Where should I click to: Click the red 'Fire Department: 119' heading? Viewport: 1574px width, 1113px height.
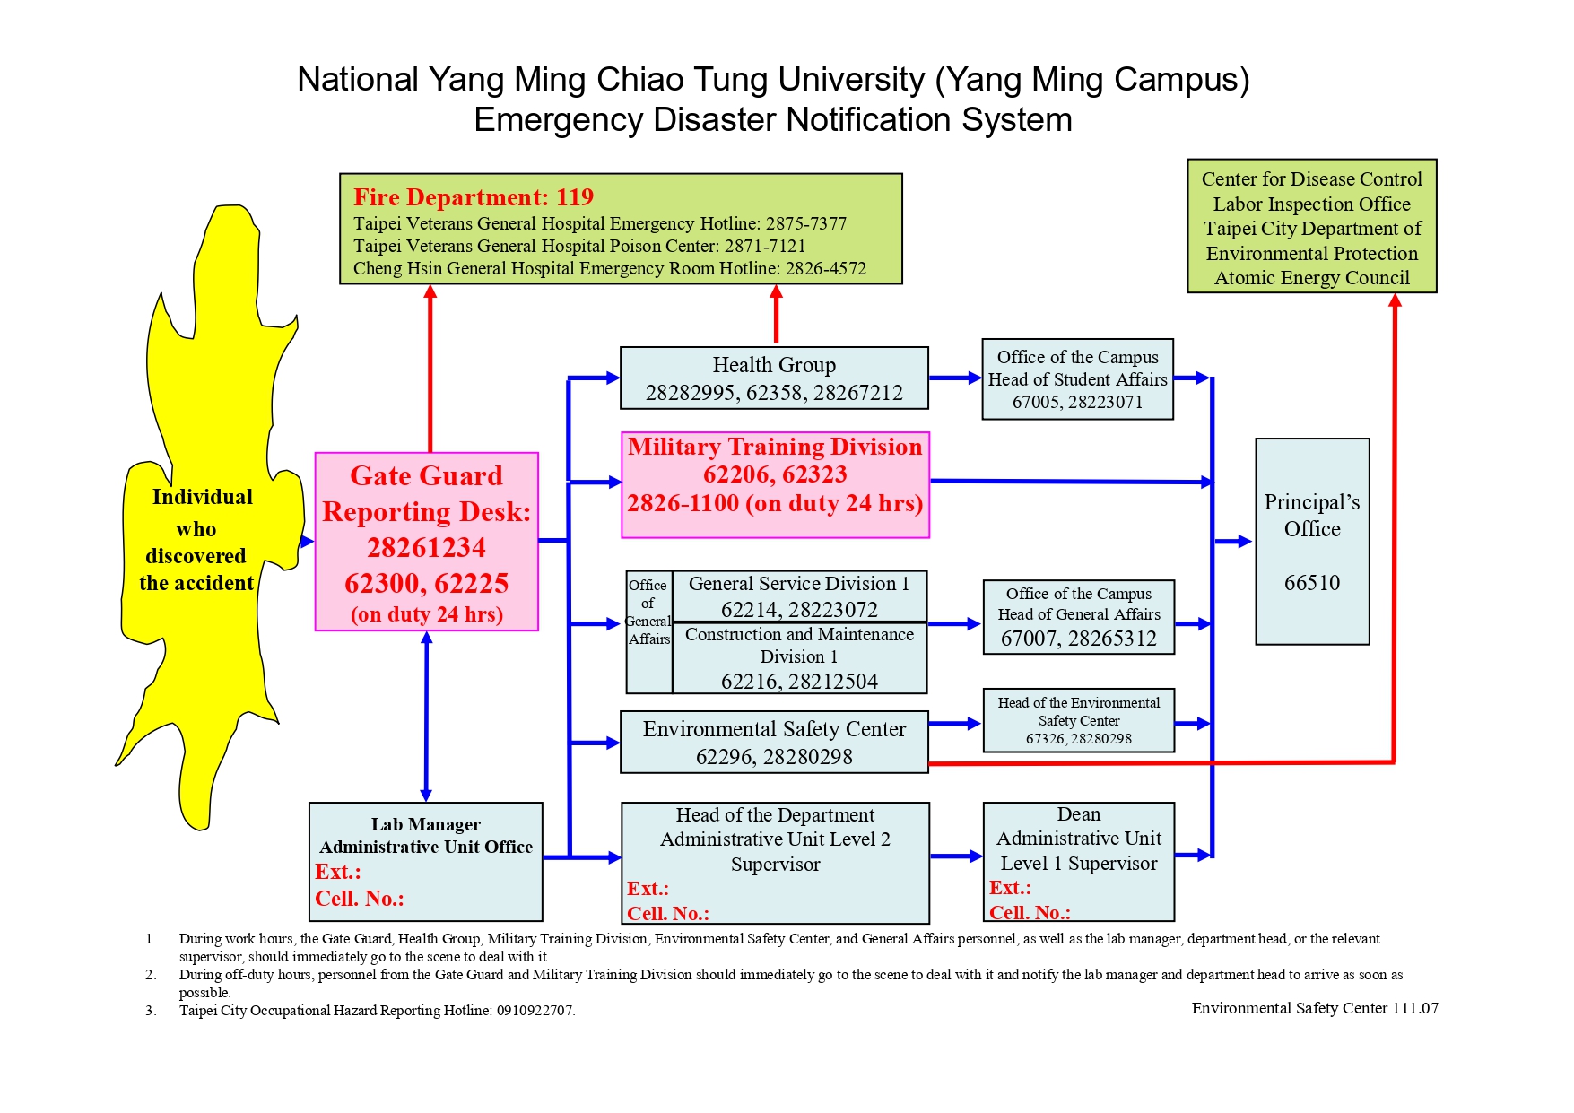pos(474,197)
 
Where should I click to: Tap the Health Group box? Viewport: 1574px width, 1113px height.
pos(774,378)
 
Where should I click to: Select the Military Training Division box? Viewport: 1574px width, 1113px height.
pos(775,484)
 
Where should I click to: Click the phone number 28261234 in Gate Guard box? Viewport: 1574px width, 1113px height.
pos(426,547)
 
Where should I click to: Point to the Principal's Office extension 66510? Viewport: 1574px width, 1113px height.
pos(1312,583)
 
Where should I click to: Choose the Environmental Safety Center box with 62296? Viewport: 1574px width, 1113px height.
pos(774,743)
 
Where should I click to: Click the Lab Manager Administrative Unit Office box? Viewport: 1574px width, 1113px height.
pos(426,861)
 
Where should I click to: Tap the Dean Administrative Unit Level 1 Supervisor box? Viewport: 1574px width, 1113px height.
pos(1079,861)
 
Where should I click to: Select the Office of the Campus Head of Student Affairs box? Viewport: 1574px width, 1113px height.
pos(1078,378)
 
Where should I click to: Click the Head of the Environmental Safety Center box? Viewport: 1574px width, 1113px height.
pos(1079,720)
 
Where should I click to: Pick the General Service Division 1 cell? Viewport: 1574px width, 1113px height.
pos(799,596)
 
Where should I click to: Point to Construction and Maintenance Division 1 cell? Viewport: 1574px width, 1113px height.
pos(799,658)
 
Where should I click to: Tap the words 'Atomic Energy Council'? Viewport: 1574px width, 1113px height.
pos(1312,278)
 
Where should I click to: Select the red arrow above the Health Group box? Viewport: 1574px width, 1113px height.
pos(777,314)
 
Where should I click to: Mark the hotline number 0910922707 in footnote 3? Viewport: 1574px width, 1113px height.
pos(535,1011)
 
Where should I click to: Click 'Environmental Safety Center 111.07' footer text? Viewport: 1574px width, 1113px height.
pos(1315,1008)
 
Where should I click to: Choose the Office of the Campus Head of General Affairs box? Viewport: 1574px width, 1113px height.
pos(1079,616)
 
